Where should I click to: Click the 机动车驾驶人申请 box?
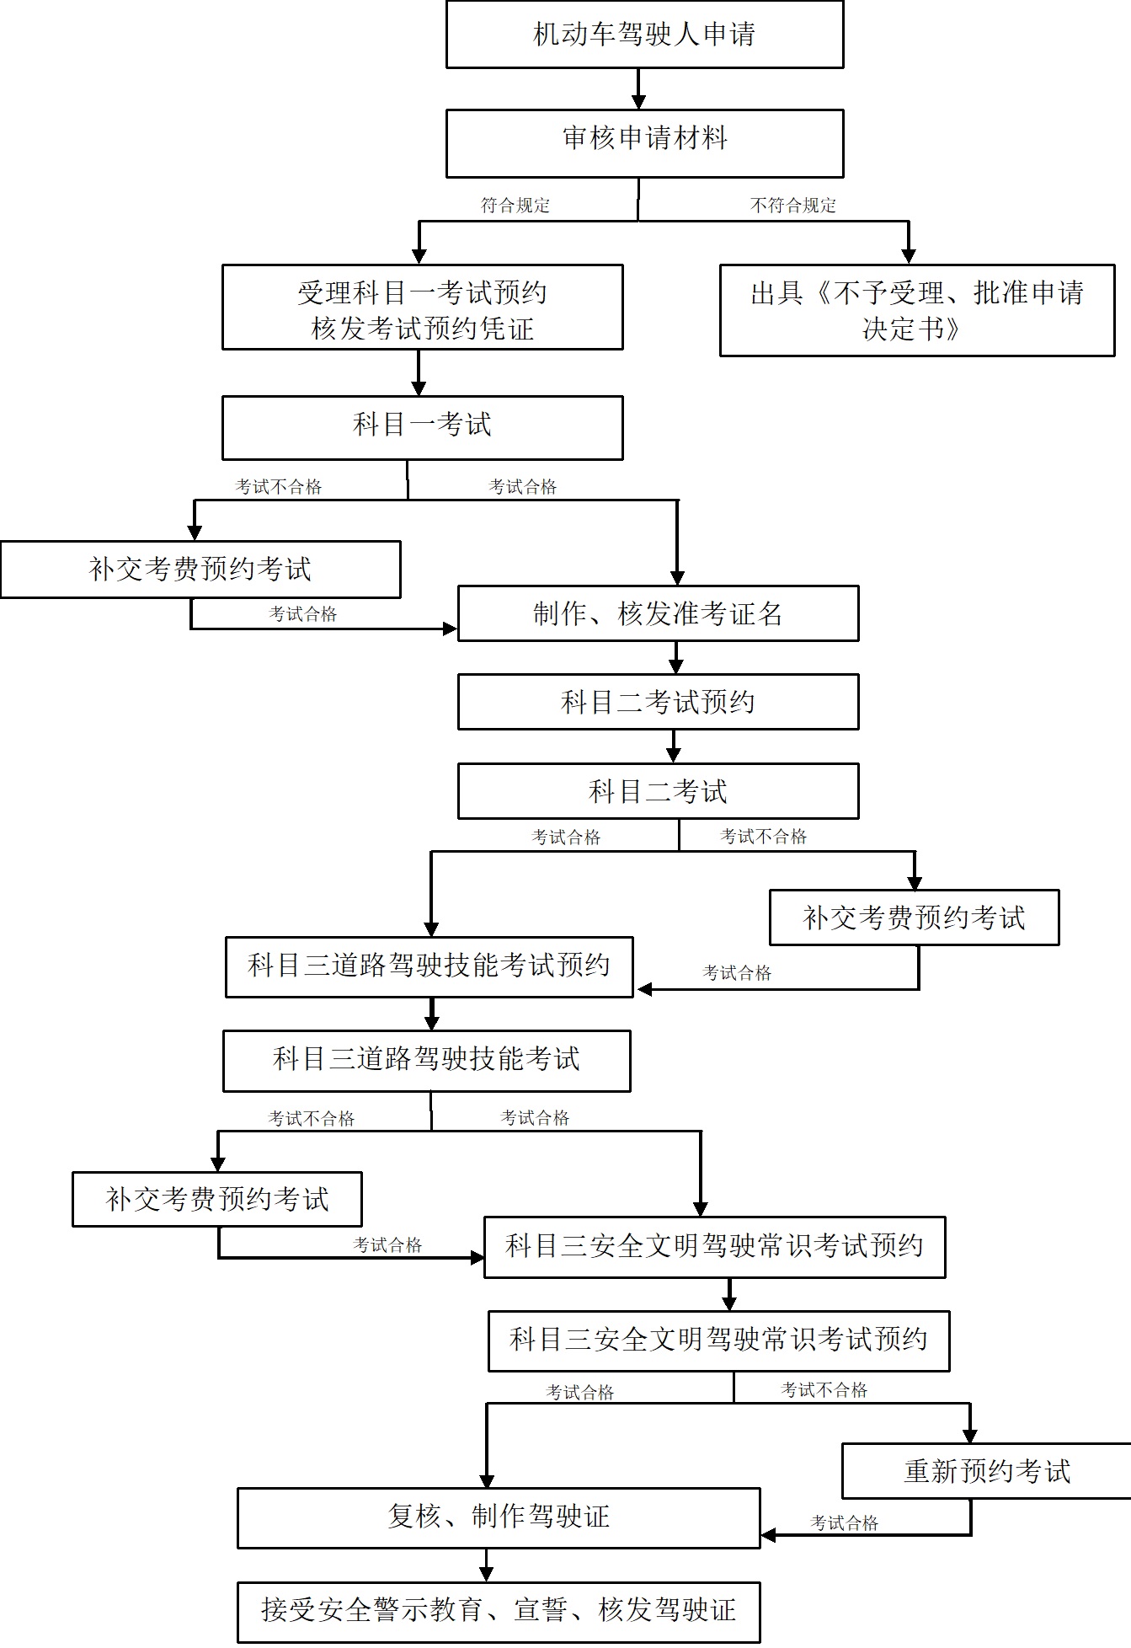(644, 35)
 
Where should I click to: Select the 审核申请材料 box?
(644, 143)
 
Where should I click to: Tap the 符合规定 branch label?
(515, 206)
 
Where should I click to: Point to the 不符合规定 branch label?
(792, 206)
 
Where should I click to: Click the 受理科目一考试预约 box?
(422, 308)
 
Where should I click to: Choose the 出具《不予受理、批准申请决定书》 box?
(917, 310)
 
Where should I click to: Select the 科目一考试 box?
(422, 428)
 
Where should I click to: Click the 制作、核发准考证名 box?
(658, 613)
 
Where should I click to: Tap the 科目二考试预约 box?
(658, 702)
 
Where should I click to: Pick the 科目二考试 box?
(658, 791)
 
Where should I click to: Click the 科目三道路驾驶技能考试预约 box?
(429, 966)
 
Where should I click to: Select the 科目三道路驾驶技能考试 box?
(426, 1061)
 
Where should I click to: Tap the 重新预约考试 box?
(986, 1471)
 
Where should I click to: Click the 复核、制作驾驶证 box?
(499, 1517)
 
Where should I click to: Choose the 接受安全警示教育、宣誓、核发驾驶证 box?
(499, 1611)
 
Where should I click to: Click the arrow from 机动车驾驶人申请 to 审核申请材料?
(638, 88)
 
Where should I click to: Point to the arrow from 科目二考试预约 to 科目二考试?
(673, 746)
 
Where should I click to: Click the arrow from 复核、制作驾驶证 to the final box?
(486, 1565)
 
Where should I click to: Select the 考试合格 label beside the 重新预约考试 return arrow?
(844, 1523)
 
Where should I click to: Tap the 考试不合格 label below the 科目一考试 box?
(278, 487)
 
